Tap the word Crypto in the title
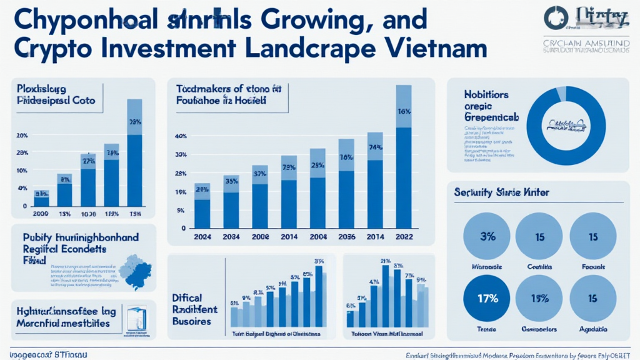[x=56, y=49]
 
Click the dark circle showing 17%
[x=486, y=298]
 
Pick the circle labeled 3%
[x=486, y=237]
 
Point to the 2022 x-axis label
[x=404, y=237]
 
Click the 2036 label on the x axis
[x=346, y=237]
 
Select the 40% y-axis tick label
[x=181, y=136]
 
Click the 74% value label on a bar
[x=375, y=148]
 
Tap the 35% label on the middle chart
[x=231, y=181]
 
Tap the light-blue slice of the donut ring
[x=561, y=93]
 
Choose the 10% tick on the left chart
[x=22, y=171]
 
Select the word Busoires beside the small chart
[x=191, y=321]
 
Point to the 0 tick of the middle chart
[x=184, y=228]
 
